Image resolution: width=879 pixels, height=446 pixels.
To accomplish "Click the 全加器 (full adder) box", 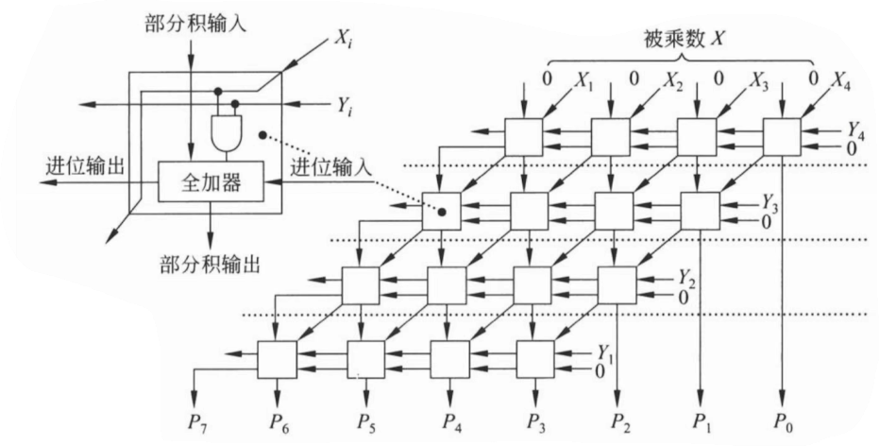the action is pyautogui.click(x=211, y=181).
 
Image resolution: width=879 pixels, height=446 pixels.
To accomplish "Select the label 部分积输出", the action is pyautogui.click(x=211, y=263).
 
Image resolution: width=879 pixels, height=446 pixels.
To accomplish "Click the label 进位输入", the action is pyautogui.click(x=330, y=168).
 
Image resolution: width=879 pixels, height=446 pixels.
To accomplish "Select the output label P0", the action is pyautogui.click(x=783, y=421).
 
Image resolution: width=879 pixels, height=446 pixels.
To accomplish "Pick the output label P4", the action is pyautogui.click(x=451, y=421).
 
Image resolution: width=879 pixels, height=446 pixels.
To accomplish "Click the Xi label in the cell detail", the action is pyautogui.click(x=346, y=40).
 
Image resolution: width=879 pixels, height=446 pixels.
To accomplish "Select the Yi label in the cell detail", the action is pyautogui.click(x=345, y=106).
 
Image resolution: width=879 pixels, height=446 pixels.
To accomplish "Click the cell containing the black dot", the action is pyautogui.click(x=441, y=211).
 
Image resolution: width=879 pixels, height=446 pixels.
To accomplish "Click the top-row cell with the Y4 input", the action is pyautogui.click(x=782, y=137).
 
